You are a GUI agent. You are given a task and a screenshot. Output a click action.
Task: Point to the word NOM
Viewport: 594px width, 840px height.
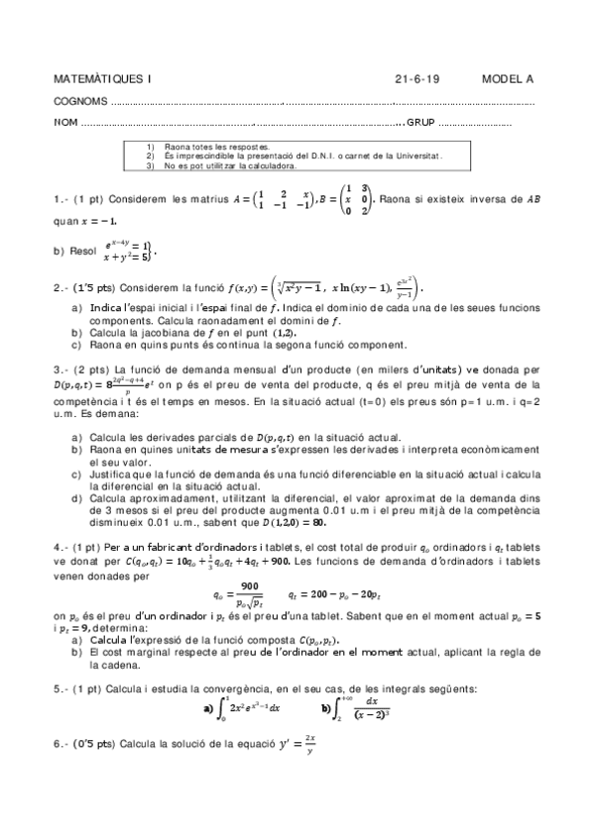pyautogui.click(x=64, y=124)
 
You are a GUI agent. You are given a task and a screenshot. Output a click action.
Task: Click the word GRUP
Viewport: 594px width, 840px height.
pyautogui.click(x=421, y=124)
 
